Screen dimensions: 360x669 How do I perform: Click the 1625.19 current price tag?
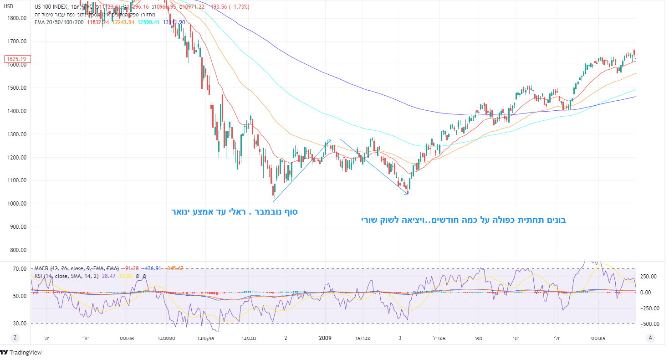[x=16, y=59]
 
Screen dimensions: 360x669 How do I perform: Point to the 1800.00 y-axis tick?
[x=17, y=18]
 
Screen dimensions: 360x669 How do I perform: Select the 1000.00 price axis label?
[x=17, y=204]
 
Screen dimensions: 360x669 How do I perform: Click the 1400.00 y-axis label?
[x=17, y=111]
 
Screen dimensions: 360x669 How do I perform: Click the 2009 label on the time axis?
[x=325, y=338]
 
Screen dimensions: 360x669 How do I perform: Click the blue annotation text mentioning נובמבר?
[x=234, y=212]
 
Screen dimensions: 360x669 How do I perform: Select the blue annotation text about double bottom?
[x=464, y=220]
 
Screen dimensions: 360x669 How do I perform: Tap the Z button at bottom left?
[x=15, y=338]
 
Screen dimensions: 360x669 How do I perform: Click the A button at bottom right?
[x=650, y=338]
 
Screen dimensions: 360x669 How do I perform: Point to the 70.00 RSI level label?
[x=19, y=269]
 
